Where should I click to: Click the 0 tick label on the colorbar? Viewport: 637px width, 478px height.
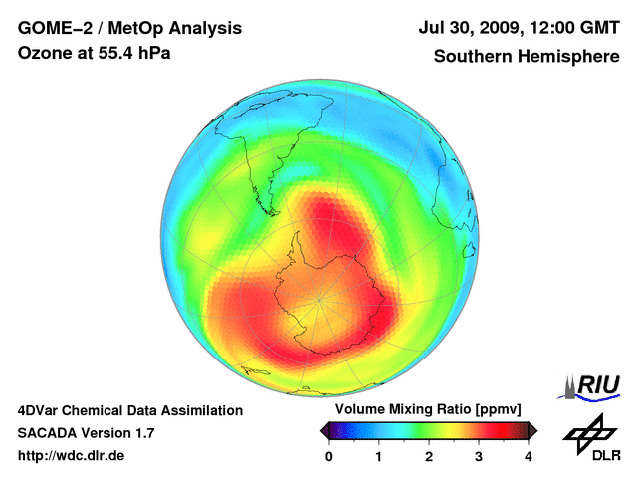(329, 456)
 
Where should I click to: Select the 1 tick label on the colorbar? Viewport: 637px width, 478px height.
(379, 456)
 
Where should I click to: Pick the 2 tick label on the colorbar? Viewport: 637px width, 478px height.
(429, 456)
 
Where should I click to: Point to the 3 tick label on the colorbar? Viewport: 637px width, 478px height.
(479, 456)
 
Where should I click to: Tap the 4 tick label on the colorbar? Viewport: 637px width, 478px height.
(529, 456)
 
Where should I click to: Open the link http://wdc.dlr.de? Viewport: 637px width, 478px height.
(72, 456)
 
